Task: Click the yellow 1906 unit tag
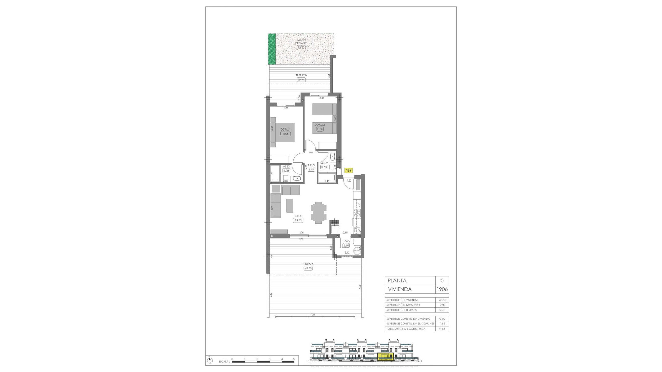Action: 349,170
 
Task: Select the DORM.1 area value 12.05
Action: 285,134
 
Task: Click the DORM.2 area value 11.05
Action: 320,129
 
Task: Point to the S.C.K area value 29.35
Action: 298,220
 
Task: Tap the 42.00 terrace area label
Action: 308,268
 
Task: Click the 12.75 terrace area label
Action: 301,80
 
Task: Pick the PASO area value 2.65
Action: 311,169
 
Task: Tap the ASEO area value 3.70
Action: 286,170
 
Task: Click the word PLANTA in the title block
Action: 397,281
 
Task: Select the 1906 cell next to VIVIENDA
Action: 442,289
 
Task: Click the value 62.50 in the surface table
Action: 442,300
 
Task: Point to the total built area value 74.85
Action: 442,329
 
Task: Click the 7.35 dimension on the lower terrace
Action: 312,314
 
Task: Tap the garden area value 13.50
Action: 301,48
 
